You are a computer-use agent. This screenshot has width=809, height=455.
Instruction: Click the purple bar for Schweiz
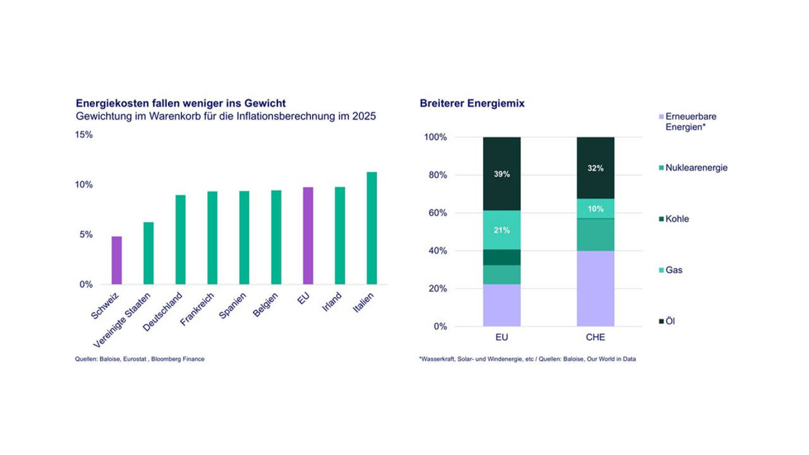point(117,260)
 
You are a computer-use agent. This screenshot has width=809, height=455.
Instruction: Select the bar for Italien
point(372,228)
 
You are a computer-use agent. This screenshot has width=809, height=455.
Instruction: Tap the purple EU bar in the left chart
point(308,236)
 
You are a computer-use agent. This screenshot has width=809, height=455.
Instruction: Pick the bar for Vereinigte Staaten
point(148,253)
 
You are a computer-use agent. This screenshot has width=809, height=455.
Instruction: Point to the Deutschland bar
point(180,240)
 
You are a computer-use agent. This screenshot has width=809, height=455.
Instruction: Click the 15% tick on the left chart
point(84,135)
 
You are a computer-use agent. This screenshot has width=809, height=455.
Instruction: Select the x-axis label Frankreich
point(197,309)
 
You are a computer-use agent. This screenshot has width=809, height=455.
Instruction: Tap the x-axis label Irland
point(332,302)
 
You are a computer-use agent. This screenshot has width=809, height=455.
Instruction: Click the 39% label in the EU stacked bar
point(502,174)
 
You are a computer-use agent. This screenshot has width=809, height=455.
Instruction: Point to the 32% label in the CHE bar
point(595,168)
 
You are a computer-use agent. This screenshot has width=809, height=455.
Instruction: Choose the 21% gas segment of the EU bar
point(502,230)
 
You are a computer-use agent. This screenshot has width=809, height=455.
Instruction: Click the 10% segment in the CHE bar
point(595,209)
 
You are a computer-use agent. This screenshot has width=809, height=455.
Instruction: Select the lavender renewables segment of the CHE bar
point(595,289)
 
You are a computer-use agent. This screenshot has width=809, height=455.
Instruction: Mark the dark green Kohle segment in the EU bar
point(502,257)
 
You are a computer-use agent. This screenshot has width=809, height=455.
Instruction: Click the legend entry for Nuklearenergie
point(694,168)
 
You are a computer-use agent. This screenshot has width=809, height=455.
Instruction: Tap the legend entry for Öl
point(667,321)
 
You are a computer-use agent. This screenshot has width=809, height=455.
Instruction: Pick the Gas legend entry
point(671,270)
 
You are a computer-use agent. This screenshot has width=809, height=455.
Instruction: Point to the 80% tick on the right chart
point(438,175)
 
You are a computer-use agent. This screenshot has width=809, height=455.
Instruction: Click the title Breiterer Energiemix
point(472,103)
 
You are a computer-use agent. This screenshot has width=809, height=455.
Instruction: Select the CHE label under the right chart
point(595,337)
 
